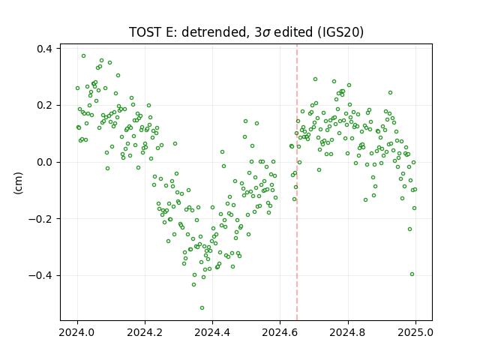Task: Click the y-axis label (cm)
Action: point(18,183)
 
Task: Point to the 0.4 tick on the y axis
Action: point(44,49)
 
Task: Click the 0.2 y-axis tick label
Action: point(44,105)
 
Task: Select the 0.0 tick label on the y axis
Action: point(44,162)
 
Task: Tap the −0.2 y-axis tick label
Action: point(40,219)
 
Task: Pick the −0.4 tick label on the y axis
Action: point(40,275)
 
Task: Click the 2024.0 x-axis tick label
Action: point(77,332)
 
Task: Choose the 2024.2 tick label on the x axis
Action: point(145,332)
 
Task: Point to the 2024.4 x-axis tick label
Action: point(212,332)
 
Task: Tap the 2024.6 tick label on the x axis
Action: point(280,332)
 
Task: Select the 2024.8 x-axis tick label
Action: point(348,332)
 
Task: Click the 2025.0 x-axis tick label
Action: point(415,332)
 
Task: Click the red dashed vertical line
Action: point(297,182)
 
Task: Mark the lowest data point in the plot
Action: point(202,307)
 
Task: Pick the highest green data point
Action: point(83,56)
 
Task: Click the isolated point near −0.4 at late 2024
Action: point(412,274)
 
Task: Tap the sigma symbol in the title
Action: point(267,33)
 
